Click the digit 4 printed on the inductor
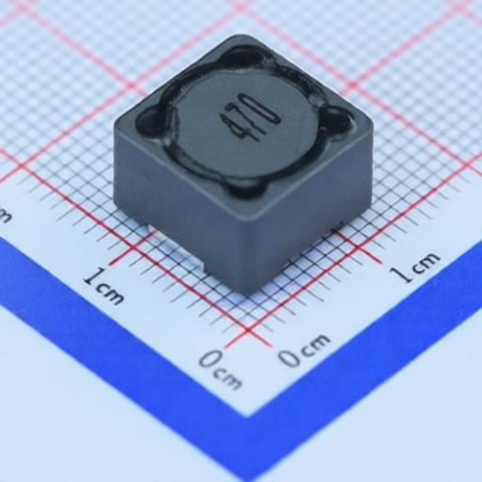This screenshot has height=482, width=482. tap(236, 128)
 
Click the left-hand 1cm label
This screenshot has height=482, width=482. tap(104, 285)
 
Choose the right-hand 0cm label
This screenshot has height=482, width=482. tap(304, 349)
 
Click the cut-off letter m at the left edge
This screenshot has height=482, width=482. tap(5, 214)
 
